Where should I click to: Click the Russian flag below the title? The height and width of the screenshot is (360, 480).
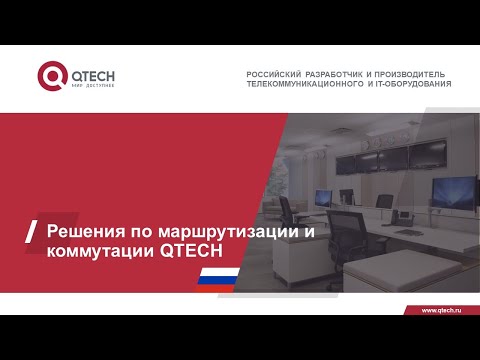pos(218,277)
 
